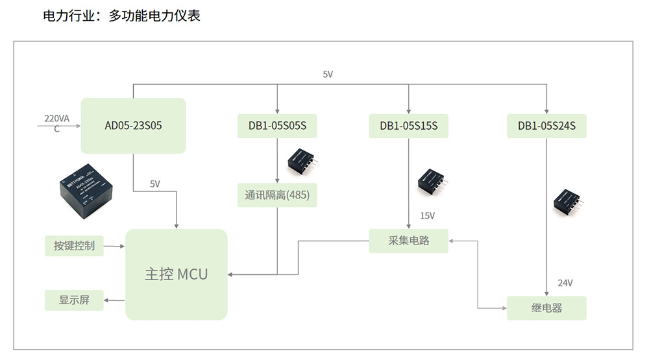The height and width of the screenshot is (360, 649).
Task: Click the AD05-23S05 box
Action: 133,126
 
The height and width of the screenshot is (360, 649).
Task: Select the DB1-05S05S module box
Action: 277,126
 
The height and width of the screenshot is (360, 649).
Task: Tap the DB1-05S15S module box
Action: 409,126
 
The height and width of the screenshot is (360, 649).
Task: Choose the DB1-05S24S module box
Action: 546,126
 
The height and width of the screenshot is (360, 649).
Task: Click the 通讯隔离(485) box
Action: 277,195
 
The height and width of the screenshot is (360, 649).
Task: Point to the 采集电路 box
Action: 409,241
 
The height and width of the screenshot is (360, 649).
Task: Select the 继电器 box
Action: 546,308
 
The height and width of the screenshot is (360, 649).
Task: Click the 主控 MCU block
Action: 177,274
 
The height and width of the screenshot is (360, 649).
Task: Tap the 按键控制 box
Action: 74,246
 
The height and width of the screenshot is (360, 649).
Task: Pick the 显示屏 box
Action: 74,300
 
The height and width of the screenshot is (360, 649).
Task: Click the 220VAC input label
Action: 57,123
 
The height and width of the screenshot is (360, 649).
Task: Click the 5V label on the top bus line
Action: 328,75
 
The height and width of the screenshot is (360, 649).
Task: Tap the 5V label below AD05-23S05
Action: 155,184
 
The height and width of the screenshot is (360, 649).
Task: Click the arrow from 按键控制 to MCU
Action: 114,246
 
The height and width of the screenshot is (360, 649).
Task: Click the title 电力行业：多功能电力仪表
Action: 121,16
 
